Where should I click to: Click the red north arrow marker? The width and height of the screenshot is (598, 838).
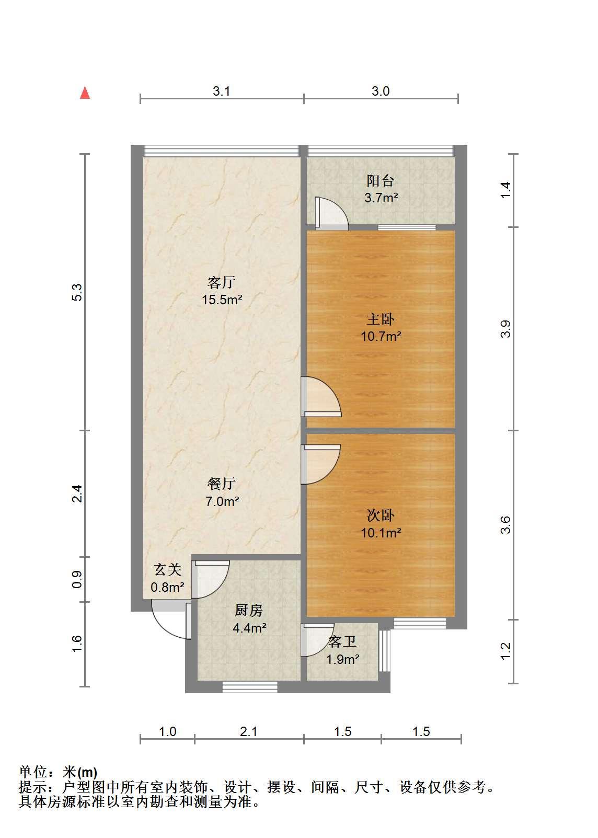pos(85,93)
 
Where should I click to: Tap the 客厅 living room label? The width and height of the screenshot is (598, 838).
pos(222,282)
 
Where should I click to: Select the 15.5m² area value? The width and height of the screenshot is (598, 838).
pos(222,300)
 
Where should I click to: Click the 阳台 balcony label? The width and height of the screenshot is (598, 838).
pos(381,181)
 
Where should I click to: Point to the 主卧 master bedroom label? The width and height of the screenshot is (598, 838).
pos(381,319)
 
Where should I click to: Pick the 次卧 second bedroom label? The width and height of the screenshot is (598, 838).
pos(381,515)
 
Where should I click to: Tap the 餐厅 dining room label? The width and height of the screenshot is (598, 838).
pos(222,484)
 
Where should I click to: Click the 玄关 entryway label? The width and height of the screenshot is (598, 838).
pos(168,570)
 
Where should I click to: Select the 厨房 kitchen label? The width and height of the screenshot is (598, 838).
pos(249,611)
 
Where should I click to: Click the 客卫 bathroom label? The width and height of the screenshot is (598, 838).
pos(342,642)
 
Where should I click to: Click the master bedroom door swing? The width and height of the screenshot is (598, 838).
pos(321,396)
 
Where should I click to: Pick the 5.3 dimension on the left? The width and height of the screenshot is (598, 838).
pos(77,292)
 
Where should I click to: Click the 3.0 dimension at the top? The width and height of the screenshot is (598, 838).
pos(381,91)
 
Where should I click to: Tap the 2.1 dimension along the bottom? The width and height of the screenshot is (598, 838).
pos(249,731)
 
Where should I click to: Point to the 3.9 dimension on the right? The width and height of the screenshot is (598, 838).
pos(505,329)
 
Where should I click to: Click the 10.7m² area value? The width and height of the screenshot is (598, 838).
pos(381,336)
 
